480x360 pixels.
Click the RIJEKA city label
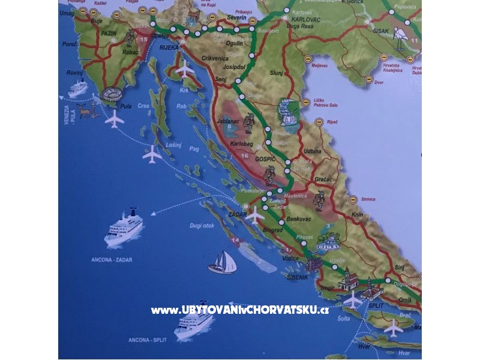click(x=170, y=47)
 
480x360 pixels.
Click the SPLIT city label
click(x=376, y=305)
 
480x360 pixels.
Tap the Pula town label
click(x=126, y=106)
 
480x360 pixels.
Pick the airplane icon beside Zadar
click(x=256, y=214)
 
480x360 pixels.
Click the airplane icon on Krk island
click(x=185, y=69)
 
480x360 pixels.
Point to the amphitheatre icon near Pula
click(x=112, y=94)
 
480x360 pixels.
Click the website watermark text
click(x=239, y=310)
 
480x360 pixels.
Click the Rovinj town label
click(x=75, y=73)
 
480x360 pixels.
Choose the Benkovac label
click(x=300, y=219)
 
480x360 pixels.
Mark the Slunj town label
click(x=276, y=73)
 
